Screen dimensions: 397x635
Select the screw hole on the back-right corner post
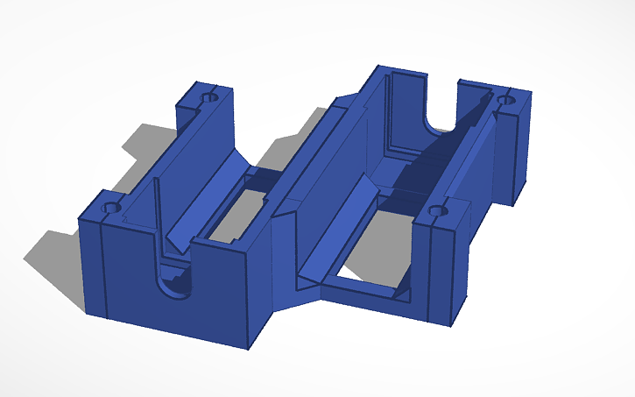504,101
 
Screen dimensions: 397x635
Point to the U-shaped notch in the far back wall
442,110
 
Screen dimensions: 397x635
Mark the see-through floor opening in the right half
368,263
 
